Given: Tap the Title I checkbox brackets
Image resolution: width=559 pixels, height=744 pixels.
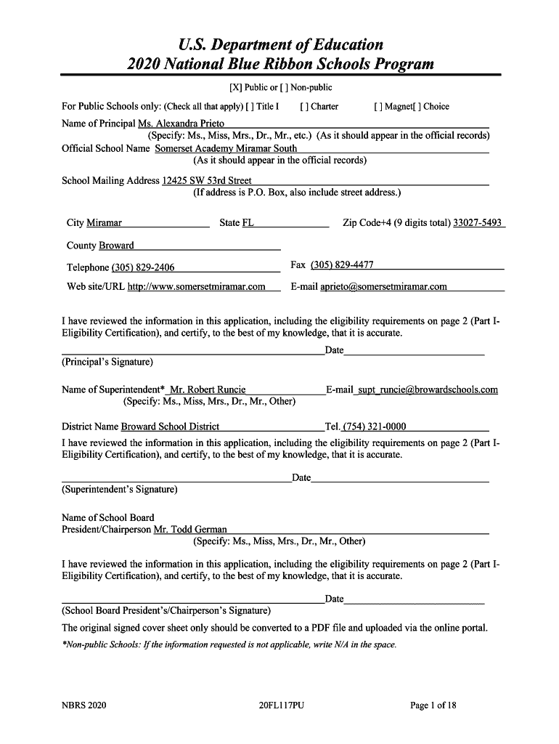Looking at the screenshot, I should click(x=250, y=106).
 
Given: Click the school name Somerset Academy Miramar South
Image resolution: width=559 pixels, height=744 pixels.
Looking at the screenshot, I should click(x=226, y=148).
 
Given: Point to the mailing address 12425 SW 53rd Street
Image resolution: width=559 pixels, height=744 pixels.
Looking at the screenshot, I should click(x=207, y=180).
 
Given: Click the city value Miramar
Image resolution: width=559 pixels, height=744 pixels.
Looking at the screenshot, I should click(x=104, y=222).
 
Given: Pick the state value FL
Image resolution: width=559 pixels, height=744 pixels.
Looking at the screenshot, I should click(x=248, y=222).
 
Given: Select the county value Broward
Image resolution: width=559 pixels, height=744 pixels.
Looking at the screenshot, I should click(x=116, y=245).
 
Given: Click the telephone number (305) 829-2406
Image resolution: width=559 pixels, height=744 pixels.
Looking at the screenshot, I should click(x=142, y=267).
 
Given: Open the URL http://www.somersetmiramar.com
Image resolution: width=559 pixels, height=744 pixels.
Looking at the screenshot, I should click(x=196, y=286).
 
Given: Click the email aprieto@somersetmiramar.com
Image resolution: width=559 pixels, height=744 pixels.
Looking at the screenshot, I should click(x=383, y=286).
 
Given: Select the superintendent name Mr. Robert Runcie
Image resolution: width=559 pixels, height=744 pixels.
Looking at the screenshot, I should click(x=207, y=389).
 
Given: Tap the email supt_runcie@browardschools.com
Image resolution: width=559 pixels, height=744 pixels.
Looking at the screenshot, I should click(x=433, y=389).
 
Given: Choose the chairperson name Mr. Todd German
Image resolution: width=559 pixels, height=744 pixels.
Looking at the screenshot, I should click(x=190, y=529).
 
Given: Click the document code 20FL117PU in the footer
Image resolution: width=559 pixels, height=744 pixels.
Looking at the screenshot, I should click(x=280, y=705).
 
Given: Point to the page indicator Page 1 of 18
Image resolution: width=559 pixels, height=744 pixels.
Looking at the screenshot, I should click(x=433, y=705).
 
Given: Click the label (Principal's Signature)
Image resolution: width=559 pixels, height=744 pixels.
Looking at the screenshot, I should click(x=107, y=361).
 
